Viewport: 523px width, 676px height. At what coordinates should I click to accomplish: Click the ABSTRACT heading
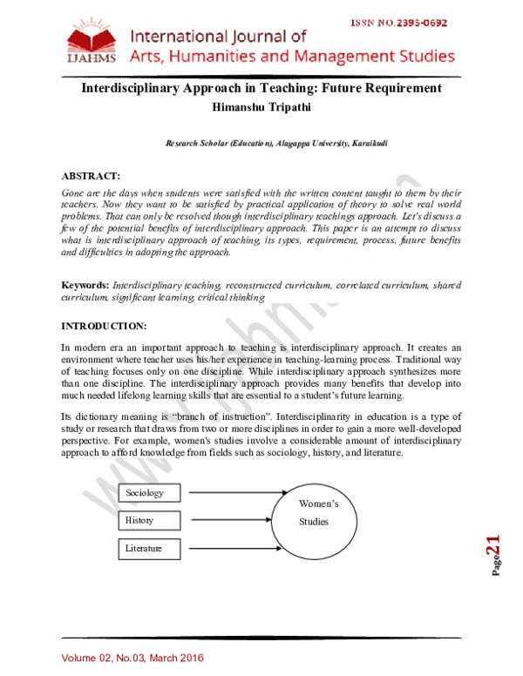click(91, 175)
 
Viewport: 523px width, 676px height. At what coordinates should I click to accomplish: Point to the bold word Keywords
click(84, 286)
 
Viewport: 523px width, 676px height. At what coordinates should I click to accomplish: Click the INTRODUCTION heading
click(104, 326)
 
